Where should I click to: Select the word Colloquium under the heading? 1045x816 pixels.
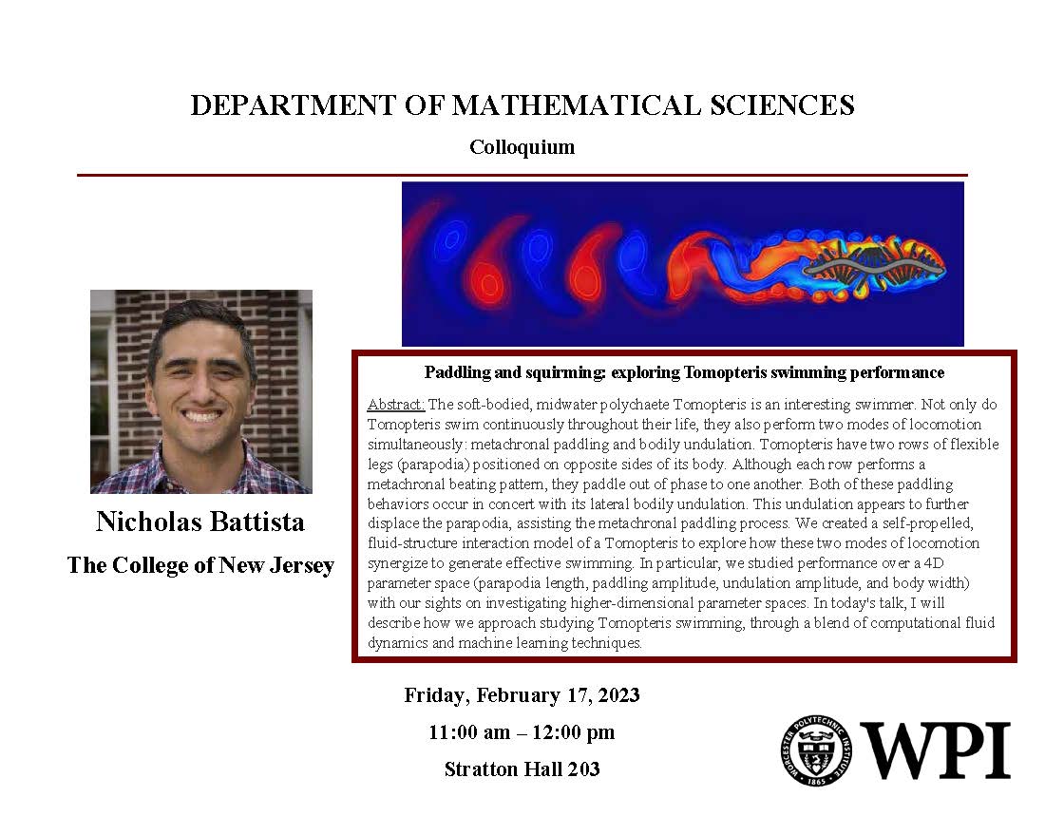(522, 146)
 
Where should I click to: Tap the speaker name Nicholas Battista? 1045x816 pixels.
(200, 522)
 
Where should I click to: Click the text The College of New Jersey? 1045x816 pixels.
(200, 565)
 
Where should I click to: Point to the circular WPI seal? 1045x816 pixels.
(816, 750)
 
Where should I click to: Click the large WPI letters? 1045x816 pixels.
(935, 750)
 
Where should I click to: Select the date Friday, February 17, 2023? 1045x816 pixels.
(522, 695)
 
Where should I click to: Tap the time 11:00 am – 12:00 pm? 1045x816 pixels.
(522, 732)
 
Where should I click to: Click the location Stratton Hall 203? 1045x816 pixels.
(522, 769)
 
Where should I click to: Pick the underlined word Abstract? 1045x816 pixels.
(396, 404)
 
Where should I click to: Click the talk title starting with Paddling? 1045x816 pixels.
(684, 372)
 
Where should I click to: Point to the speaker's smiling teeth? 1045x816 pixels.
(202, 415)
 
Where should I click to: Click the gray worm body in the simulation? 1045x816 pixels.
(873, 267)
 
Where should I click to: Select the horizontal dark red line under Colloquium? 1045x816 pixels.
(522, 176)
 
